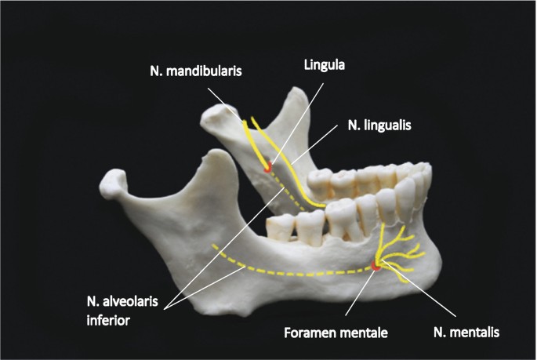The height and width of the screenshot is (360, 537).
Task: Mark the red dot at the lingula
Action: [x=268, y=165]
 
